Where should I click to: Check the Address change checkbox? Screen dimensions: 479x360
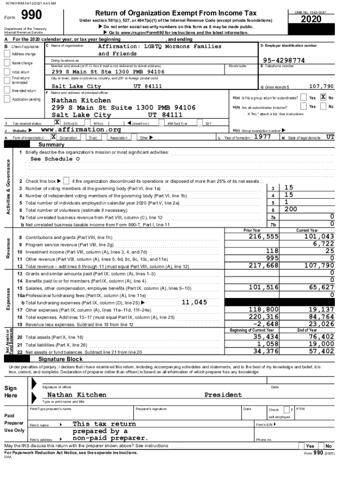point(7,54)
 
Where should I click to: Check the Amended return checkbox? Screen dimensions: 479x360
point(7,90)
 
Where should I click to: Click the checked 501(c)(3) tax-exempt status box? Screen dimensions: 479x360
point(57,122)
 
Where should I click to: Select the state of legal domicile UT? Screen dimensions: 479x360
point(330,138)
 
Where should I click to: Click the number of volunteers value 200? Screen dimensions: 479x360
point(291,210)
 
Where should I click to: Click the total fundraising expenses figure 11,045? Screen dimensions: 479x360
point(194,302)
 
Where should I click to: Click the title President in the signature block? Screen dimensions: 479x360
point(223,395)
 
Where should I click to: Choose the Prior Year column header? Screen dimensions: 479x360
point(252,230)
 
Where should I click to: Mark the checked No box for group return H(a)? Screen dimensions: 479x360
point(323,98)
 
